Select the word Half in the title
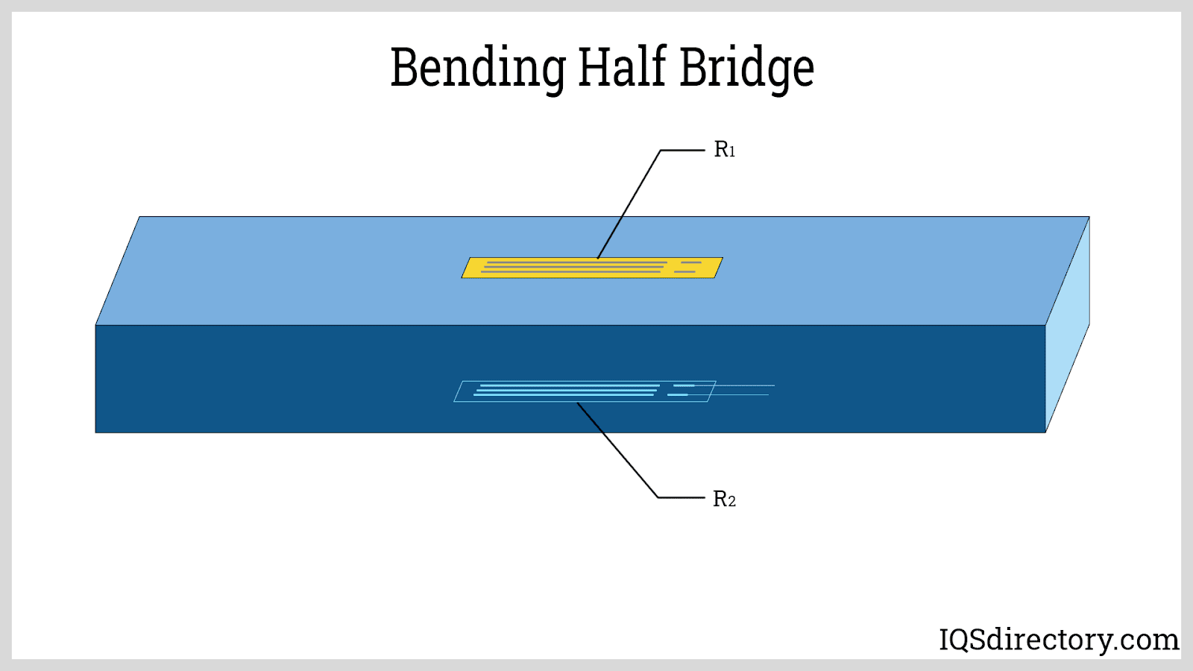622,67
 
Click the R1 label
724,150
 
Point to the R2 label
724,499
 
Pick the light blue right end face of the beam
1068,324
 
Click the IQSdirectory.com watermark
1059,640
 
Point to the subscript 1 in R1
732,153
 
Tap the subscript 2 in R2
732,502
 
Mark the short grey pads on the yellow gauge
687,267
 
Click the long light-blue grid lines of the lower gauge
567,390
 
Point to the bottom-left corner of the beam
96,432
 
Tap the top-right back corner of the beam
1089,217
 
